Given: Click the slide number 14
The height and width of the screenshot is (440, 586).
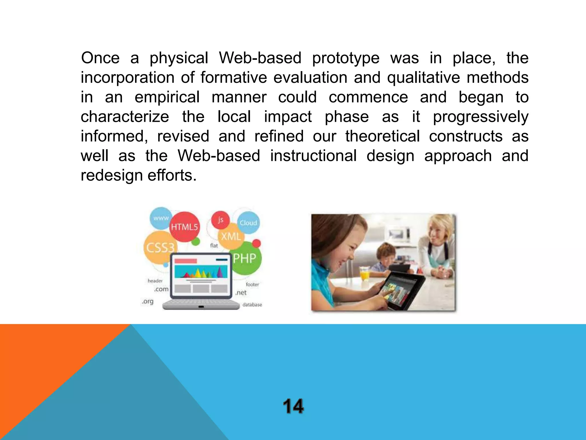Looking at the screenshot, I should (293, 406).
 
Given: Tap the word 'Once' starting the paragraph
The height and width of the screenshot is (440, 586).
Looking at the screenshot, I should (100, 58).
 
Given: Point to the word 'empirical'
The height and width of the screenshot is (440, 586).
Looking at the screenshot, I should (167, 97).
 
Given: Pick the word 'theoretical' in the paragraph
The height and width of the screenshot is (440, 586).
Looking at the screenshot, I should (382, 136).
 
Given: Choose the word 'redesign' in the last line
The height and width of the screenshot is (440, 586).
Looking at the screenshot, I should (111, 176).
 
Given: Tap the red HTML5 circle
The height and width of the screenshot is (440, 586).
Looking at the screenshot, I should (185, 227).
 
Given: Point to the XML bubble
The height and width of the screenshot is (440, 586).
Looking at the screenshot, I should (231, 237).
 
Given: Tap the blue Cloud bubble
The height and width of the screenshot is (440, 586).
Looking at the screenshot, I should (248, 223).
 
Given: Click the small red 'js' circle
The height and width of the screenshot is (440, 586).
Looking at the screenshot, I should (220, 220).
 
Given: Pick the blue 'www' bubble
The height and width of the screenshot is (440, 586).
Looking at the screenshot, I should (161, 218).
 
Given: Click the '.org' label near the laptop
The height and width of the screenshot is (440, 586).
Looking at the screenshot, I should (148, 301).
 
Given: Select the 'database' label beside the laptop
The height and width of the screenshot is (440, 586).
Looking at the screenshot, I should (252, 305).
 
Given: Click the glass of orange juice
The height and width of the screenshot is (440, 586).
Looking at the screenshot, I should (365, 274).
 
